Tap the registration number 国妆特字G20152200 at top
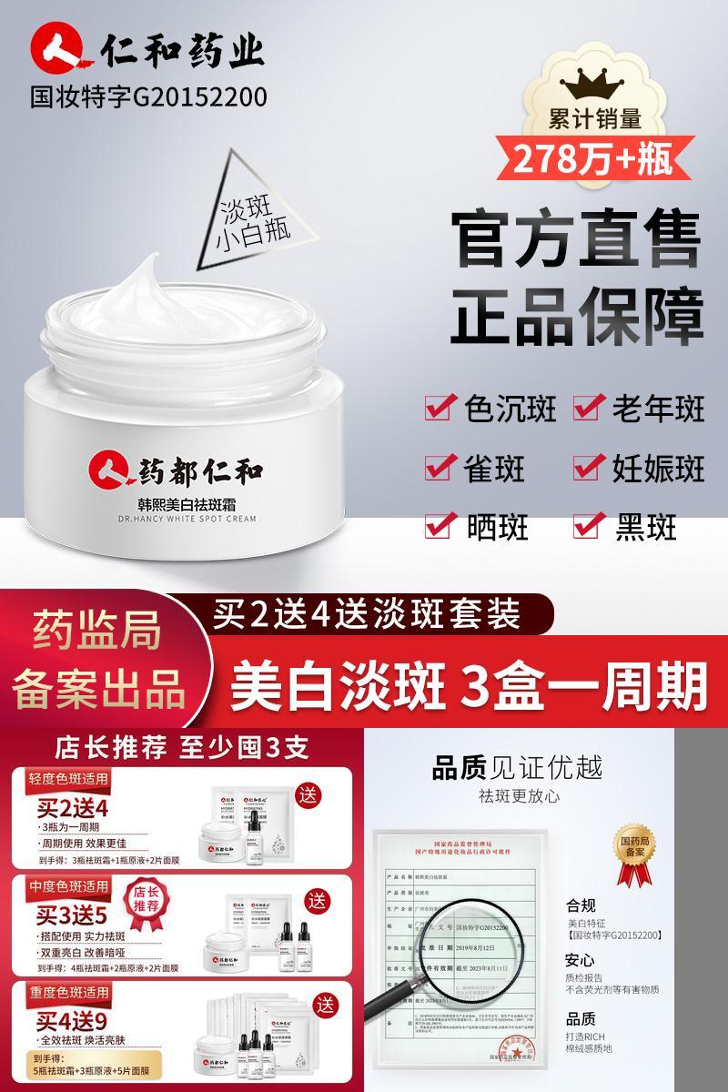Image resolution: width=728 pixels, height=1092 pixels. click(149, 96)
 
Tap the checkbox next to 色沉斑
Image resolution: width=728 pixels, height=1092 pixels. click(441, 409)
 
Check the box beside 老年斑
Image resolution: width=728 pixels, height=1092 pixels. click(589, 409)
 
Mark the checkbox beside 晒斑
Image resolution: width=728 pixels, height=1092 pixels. click(441, 525)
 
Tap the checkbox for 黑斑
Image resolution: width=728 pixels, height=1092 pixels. click(589, 525)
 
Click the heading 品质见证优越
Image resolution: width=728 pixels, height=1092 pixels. click(516, 767)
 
